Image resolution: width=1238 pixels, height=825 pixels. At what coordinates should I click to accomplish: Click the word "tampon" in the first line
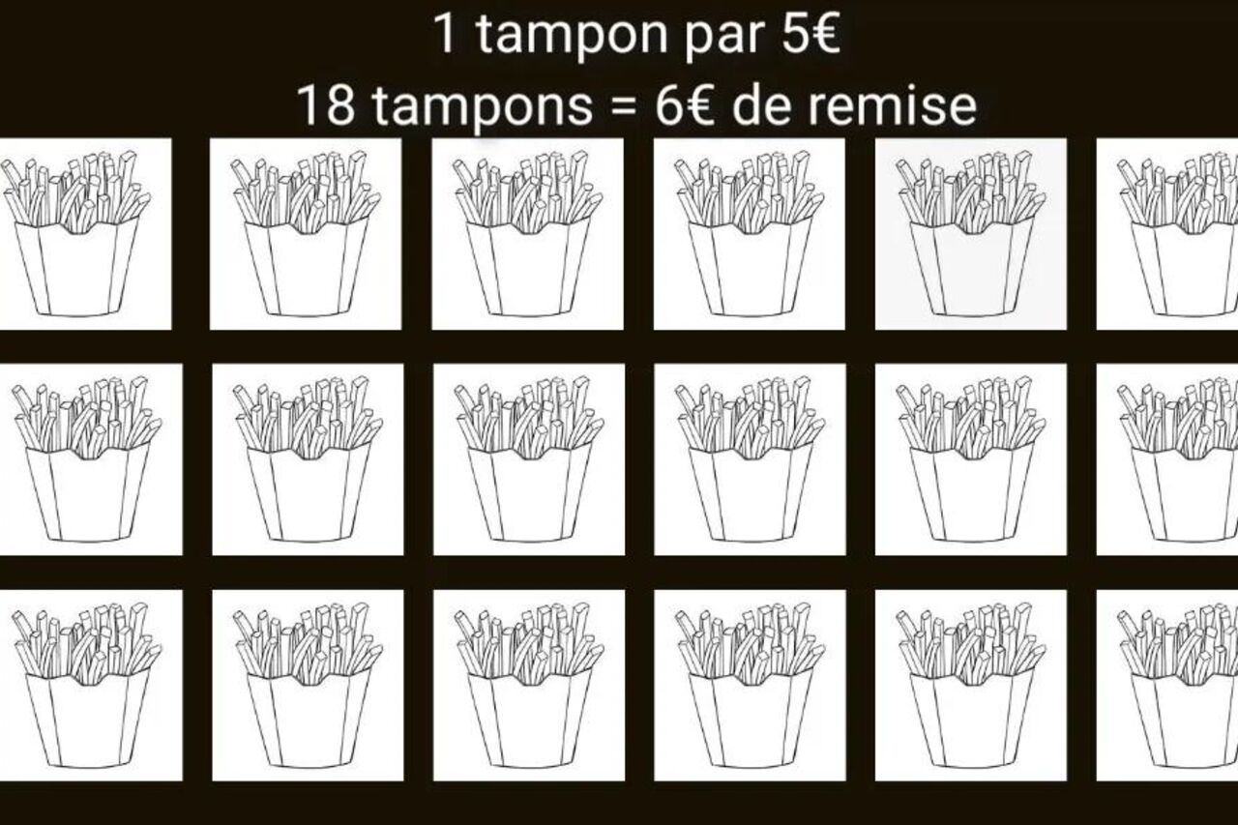click(572, 36)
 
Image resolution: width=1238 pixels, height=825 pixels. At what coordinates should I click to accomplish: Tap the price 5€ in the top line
click(811, 33)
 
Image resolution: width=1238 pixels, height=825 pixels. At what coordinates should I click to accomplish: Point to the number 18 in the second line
click(326, 105)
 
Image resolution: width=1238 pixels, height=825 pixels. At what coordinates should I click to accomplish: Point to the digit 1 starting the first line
click(446, 33)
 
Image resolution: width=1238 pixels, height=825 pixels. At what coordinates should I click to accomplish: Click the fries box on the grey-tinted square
click(970, 234)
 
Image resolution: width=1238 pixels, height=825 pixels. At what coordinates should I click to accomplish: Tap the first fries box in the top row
click(76, 234)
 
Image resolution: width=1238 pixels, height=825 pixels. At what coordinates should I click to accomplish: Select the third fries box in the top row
click(528, 234)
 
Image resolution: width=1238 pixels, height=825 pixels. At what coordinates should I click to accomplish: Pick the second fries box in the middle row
click(309, 459)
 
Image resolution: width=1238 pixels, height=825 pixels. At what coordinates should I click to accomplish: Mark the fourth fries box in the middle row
click(751, 459)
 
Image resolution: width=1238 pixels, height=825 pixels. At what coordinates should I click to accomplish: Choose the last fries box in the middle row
click(1178, 459)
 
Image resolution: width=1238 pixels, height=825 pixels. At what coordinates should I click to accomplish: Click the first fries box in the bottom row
click(87, 686)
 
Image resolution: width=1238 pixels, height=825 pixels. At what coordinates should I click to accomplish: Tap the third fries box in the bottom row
click(529, 686)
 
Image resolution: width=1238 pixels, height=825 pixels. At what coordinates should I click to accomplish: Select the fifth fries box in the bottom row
click(970, 686)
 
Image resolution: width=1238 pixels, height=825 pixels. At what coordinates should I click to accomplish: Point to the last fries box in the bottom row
click(1178, 686)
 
